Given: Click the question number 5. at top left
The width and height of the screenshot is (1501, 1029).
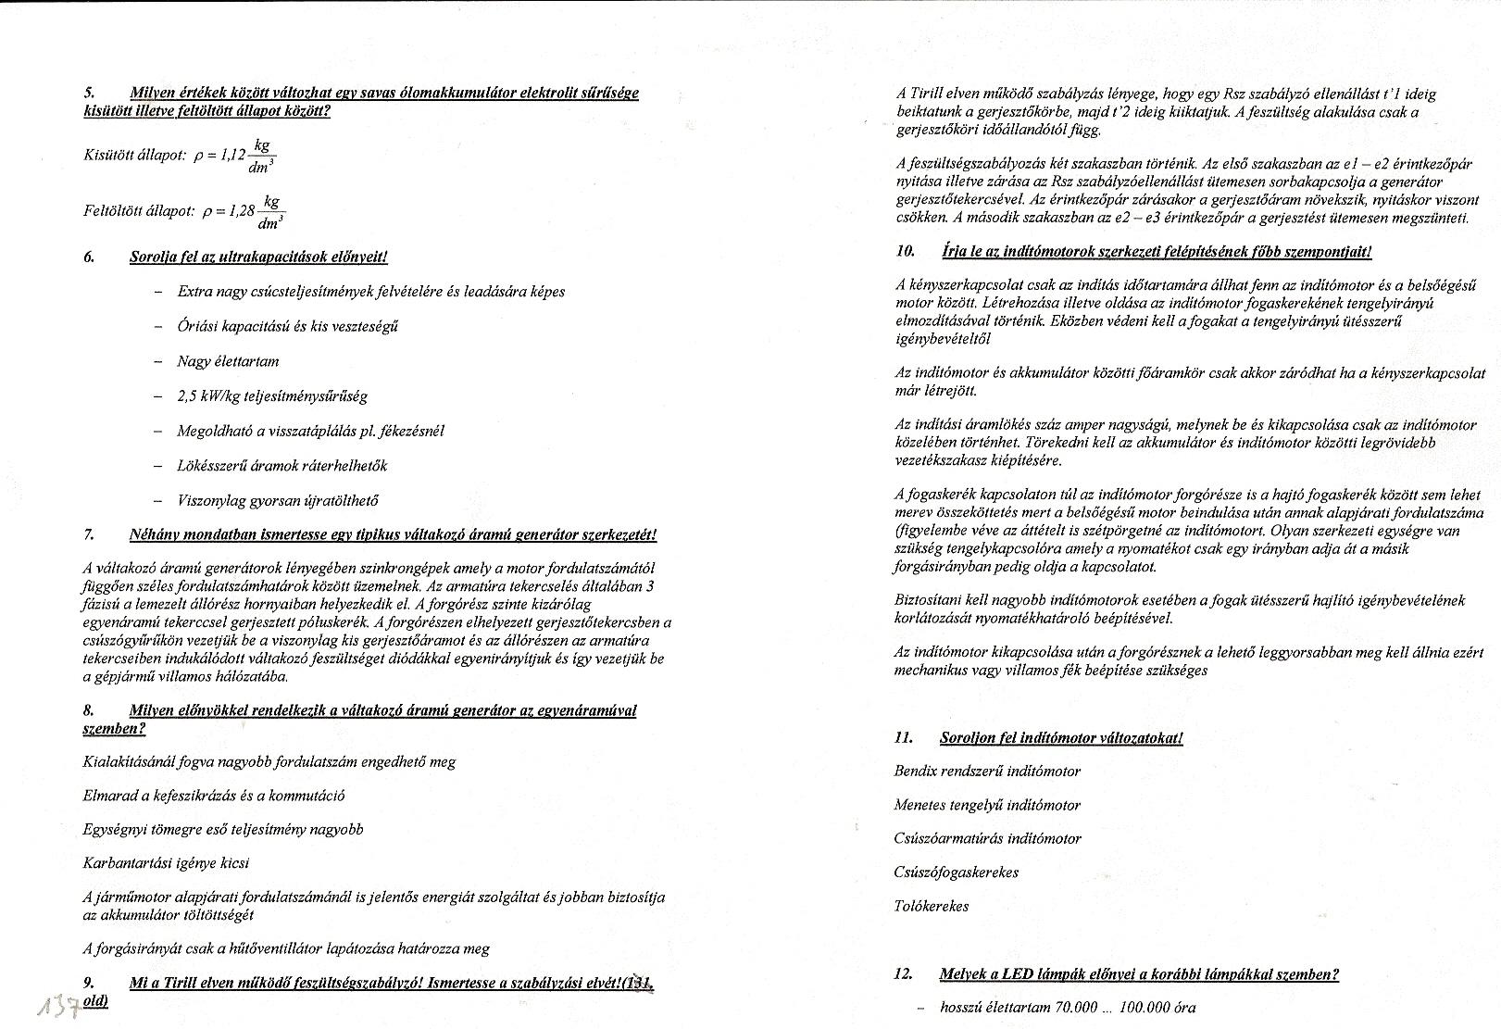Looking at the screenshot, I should point(89,93).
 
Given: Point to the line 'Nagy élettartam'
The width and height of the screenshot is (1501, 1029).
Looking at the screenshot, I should point(228,361).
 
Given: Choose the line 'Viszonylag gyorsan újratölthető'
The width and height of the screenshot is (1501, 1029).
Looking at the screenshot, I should point(278,501).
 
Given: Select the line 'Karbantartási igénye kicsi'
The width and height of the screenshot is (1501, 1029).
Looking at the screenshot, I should point(166,863).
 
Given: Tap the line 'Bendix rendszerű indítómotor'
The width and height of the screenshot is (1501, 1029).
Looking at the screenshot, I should point(987,772).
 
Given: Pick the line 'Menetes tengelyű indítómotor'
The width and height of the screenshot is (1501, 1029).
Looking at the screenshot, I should point(987,806).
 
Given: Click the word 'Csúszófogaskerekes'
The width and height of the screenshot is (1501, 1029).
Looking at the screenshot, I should point(957,872).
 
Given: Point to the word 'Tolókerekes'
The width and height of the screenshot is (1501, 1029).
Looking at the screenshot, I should point(932,907).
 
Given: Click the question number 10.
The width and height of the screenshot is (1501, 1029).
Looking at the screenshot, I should point(906,251).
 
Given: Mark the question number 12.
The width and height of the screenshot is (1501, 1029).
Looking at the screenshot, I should point(904,974).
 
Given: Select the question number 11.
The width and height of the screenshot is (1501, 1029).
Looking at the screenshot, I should point(904,738).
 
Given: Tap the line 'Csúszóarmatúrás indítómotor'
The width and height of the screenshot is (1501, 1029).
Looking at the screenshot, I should point(987,839).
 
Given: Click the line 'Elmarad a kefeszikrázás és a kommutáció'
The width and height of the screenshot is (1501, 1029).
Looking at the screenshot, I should point(214,796).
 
